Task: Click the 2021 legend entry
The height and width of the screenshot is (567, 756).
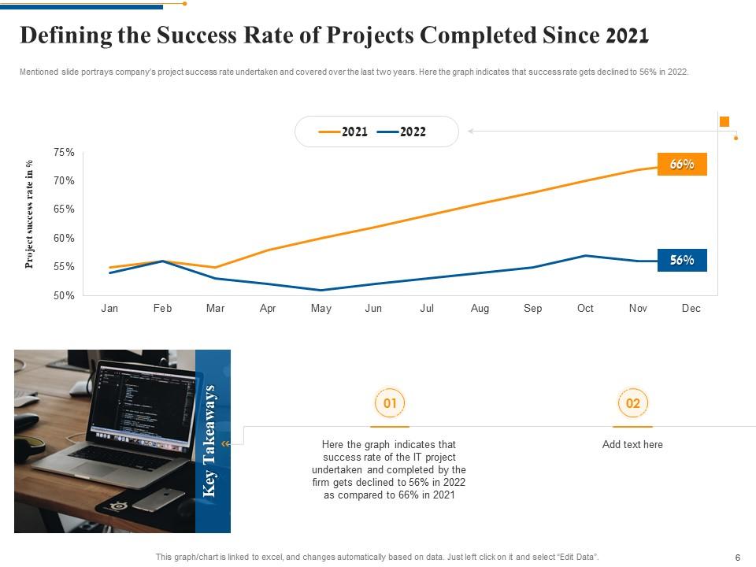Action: (x=344, y=132)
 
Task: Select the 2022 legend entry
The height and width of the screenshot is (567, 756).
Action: (x=402, y=132)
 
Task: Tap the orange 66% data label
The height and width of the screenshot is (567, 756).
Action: (x=682, y=165)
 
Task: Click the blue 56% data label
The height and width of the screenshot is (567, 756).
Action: (x=682, y=261)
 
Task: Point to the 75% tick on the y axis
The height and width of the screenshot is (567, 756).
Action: (x=65, y=153)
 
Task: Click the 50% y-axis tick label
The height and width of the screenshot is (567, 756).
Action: (x=65, y=296)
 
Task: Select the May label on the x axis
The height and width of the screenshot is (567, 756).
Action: (x=321, y=309)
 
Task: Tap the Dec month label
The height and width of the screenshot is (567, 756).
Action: (x=691, y=309)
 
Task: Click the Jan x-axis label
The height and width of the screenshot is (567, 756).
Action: (x=109, y=309)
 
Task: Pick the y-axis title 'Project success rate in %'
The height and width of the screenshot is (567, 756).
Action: (x=29, y=214)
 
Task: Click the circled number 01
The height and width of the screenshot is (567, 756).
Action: (x=389, y=404)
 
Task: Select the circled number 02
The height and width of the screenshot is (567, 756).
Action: (x=632, y=404)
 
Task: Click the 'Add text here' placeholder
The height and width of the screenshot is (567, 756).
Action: (x=632, y=445)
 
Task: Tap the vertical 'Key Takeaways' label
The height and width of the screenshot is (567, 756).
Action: (x=209, y=441)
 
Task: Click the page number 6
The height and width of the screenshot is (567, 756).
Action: (x=737, y=558)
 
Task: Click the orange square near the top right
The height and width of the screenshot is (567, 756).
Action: (x=724, y=121)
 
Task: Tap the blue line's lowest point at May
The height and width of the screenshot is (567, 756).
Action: (x=321, y=291)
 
